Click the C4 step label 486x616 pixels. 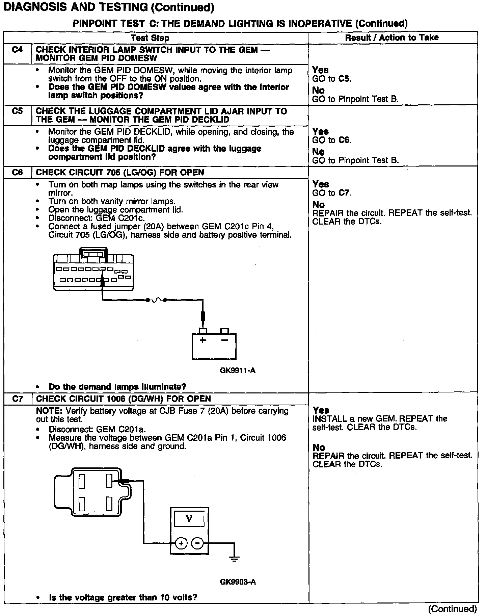pos(17,50)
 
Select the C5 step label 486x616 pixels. pos(17,111)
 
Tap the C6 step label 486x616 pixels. pos(17,172)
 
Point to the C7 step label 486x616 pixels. pos(18,399)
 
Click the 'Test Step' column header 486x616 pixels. pos(150,38)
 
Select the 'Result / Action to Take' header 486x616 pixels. pos(391,37)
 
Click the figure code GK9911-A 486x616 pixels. pos(238,370)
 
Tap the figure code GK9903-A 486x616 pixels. pos(238,582)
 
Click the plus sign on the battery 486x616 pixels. pos(202,340)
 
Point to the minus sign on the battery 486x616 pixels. pos(224,340)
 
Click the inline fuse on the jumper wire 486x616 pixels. pos(156,300)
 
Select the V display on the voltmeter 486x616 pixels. pos(189,518)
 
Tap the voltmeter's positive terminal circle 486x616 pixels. pos(181,543)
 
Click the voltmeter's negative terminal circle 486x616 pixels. pos(197,543)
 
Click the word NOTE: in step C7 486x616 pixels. pos(50,411)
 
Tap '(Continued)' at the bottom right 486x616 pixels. pos(452,609)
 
